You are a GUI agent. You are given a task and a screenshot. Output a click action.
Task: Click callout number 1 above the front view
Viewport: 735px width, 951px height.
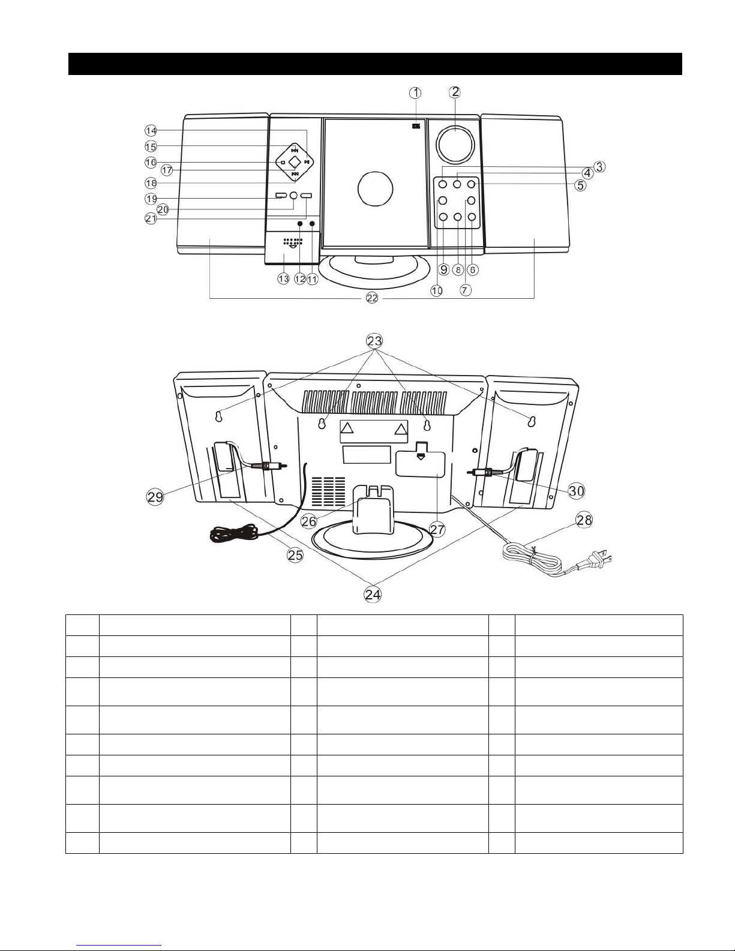click(415, 93)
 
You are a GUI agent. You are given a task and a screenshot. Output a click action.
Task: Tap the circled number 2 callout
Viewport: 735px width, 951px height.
click(455, 92)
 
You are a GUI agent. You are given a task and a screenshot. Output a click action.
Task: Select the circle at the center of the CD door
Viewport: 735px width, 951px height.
click(375, 188)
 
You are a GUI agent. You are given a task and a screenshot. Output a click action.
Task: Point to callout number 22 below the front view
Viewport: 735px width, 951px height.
click(372, 298)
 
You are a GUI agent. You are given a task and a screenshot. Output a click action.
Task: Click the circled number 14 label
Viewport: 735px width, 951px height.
click(151, 130)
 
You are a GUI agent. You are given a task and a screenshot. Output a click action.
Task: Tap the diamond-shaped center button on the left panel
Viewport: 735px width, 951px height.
click(295, 163)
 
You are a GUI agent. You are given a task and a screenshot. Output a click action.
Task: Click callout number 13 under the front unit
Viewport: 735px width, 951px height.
click(284, 278)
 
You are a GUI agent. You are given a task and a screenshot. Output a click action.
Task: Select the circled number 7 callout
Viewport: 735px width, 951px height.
click(466, 290)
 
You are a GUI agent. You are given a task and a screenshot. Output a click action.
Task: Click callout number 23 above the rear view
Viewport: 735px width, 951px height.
click(374, 340)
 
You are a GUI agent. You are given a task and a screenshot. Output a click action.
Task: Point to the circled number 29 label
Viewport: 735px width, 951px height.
click(155, 497)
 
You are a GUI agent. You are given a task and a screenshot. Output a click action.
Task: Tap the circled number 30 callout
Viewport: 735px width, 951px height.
click(576, 491)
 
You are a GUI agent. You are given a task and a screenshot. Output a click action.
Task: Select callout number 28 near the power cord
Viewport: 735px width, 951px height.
click(584, 520)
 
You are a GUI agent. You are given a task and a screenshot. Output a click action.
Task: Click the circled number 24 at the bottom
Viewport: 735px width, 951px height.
click(373, 595)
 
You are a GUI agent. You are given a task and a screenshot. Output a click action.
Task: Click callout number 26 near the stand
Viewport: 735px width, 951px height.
click(309, 521)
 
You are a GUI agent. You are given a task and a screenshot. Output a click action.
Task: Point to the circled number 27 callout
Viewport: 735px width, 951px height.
click(437, 529)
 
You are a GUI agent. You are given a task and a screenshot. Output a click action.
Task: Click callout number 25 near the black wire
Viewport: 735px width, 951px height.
click(295, 555)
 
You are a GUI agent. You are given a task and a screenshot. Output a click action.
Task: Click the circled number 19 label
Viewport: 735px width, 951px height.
click(151, 199)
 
